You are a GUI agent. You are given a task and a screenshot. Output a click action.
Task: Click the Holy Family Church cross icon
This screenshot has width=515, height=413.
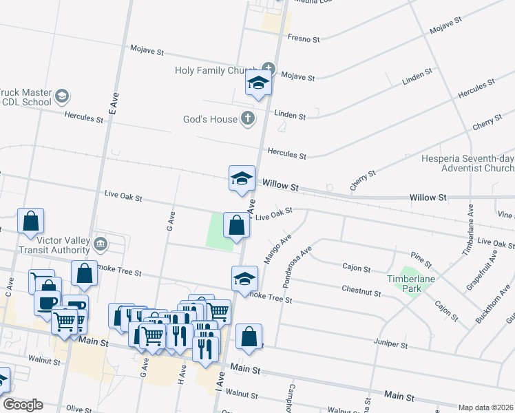(268, 69)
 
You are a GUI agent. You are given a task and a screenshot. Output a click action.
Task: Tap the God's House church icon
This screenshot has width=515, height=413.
(247, 119)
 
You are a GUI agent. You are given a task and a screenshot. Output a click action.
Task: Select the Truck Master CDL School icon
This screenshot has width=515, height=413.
(62, 96)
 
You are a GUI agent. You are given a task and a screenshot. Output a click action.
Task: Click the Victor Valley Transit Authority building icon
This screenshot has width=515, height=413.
(101, 242)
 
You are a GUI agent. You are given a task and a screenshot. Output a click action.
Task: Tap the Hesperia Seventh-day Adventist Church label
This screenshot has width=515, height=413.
(467, 163)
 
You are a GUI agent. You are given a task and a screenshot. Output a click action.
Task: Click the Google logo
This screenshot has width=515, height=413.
(22, 405)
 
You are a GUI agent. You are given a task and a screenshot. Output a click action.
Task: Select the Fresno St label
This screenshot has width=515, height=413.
(304, 39)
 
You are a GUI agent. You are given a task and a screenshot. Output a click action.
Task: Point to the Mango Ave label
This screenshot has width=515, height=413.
(277, 248)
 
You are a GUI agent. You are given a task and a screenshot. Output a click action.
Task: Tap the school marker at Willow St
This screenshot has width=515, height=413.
(242, 178)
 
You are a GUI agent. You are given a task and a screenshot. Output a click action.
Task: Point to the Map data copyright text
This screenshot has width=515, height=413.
(485, 407)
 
